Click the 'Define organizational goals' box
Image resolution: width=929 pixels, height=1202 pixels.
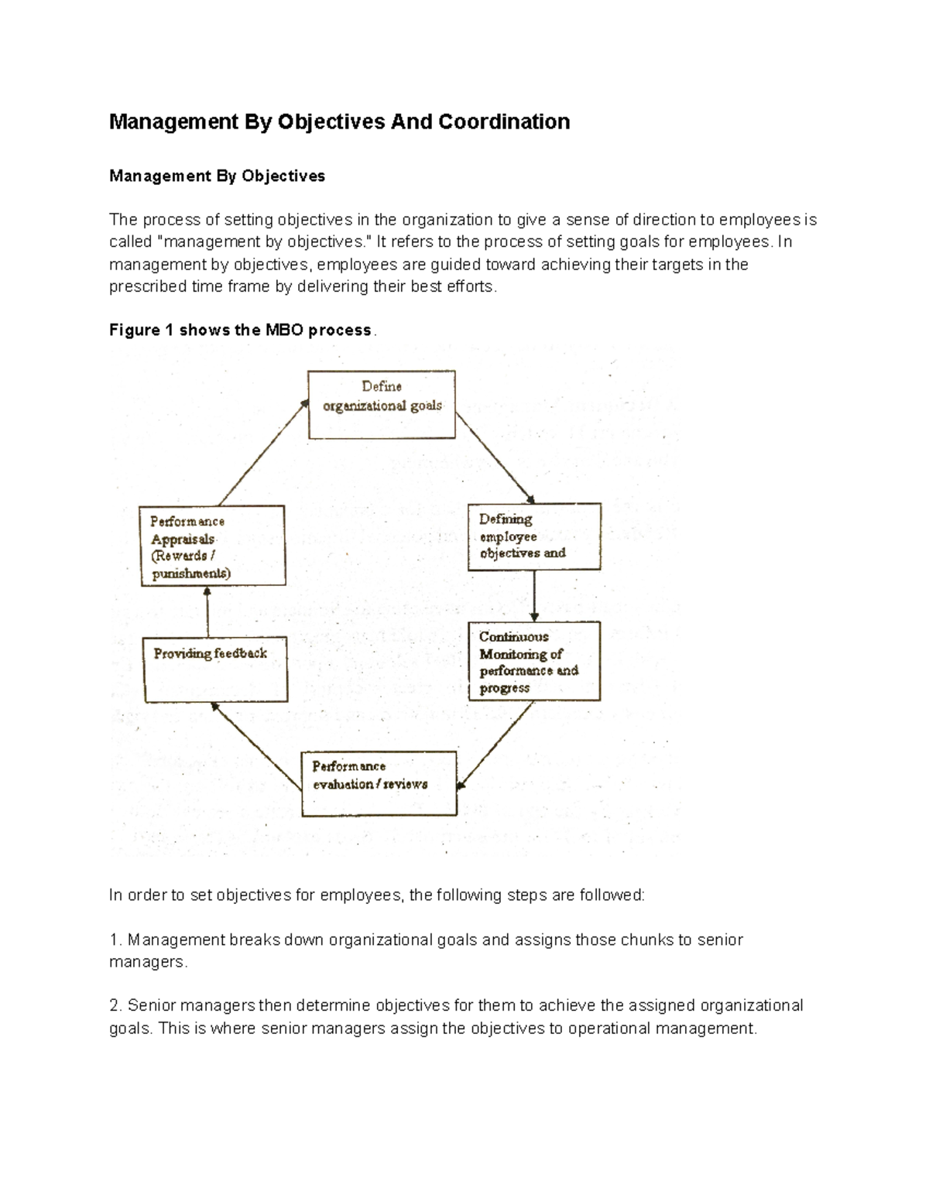[x=382, y=404]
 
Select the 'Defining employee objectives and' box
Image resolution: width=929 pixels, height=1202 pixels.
[x=534, y=536]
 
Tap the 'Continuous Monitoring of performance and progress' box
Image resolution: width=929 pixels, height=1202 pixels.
[x=534, y=661]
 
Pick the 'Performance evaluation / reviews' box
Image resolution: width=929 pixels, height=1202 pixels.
[x=379, y=782]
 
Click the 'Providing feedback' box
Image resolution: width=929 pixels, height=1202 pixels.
[x=215, y=669]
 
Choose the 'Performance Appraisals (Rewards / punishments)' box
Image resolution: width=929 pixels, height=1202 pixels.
[x=212, y=545]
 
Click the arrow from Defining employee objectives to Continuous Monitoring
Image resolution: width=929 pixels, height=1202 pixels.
[x=534, y=596]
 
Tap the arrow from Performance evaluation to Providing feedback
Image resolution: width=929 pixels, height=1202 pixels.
[x=256, y=746]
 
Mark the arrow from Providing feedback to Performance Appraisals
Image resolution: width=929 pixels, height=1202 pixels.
[x=207, y=611]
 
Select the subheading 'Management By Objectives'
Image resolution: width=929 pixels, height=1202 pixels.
[x=217, y=176]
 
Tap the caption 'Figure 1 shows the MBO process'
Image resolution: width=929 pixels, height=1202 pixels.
[x=241, y=330]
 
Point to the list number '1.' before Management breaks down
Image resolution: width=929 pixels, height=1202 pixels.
[x=116, y=940]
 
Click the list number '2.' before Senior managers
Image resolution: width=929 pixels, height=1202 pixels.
[x=116, y=1005]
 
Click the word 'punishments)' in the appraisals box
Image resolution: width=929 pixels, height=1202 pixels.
[x=191, y=574]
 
